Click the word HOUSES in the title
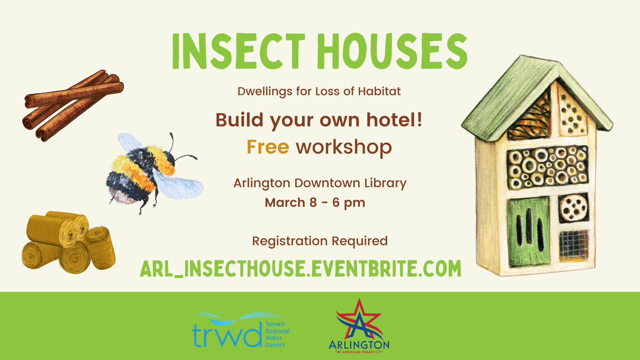(392, 51)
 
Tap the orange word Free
(268, 147)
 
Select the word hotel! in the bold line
(394, 120)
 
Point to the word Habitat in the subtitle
(380, 92)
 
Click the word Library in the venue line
(385, 184)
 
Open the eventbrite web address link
(300, 268)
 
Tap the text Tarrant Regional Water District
(277, 334)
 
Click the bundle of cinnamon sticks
(73, 106)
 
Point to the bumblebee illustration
(154, 173)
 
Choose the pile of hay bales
(68, 242)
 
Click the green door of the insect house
(529, 232)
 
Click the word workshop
(344, 147)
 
